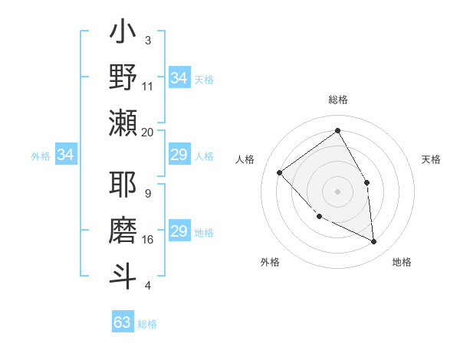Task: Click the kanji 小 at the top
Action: pos(123,34)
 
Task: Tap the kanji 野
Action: pos(123,79)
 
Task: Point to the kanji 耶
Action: pos(123,186)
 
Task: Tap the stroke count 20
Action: pos(148,132)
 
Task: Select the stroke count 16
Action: pos(148,239)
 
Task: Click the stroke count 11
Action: pos(148,87)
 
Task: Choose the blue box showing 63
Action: pos(123,322)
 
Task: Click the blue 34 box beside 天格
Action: pos(179,78)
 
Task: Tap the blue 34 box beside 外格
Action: pos(66,155)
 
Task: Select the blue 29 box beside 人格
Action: pos(179,155)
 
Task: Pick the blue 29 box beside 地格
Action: pos(179,231)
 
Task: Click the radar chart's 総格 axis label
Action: pos(337,100)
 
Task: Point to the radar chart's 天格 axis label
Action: pos(432,159)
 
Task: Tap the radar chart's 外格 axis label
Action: pos(270,262)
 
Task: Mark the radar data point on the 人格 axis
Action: pos(280,173)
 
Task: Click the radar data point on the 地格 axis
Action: pos(373,241)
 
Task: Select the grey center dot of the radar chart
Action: pos(337,191)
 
